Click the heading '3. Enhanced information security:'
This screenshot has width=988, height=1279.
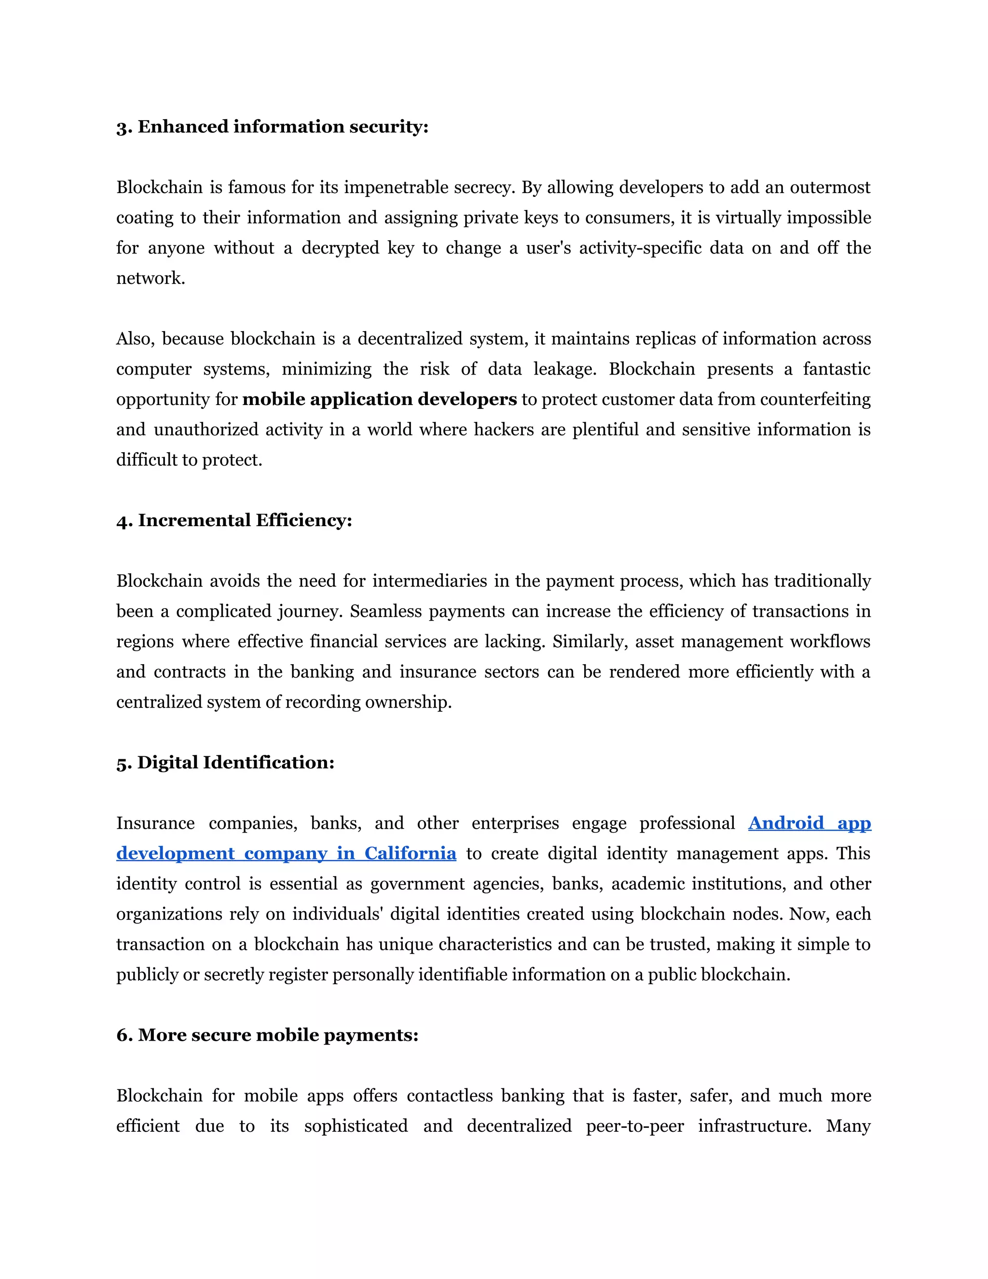(272, 126)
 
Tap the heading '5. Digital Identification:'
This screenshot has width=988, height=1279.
(225, 763)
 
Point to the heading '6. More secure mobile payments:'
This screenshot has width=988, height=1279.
(267, 1035)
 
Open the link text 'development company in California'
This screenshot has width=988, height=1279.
(286, 853)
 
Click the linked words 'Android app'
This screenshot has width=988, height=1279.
(810, 823)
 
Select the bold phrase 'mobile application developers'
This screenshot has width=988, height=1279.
(379, 400)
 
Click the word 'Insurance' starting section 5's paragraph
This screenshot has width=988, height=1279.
(155, 823)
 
